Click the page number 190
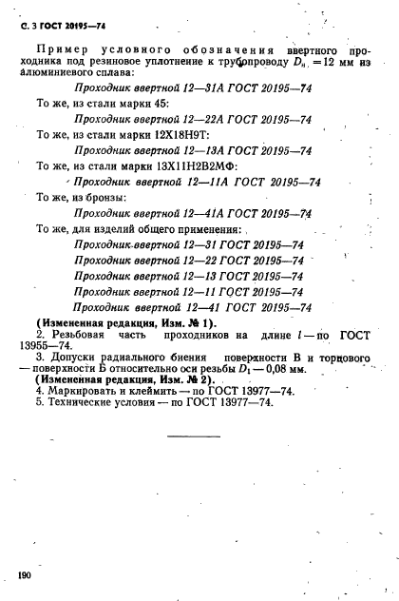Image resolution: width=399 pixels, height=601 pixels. coord(23,574)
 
